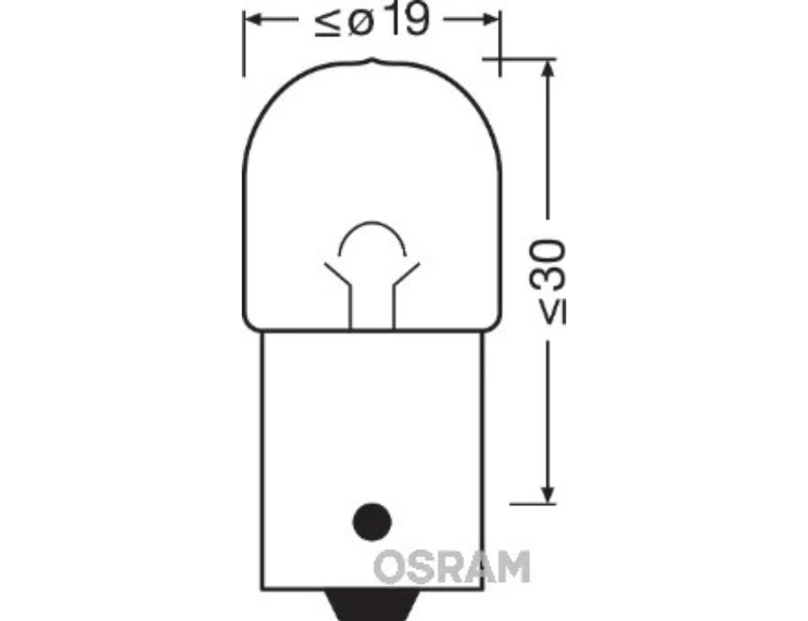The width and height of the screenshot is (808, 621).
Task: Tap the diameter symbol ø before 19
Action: (x=361, y=24)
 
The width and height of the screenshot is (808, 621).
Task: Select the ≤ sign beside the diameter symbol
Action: (x=328, y=25)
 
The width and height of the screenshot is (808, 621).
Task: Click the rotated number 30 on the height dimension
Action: (x=547, y=265)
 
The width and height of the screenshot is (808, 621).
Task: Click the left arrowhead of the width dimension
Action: (x=254, y=19)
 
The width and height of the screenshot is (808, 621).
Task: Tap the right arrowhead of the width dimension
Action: (x=489, y=19)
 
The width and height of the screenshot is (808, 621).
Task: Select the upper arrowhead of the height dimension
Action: (x=547, y=69)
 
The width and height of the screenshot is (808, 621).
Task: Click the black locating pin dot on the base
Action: (x=372, y=522)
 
